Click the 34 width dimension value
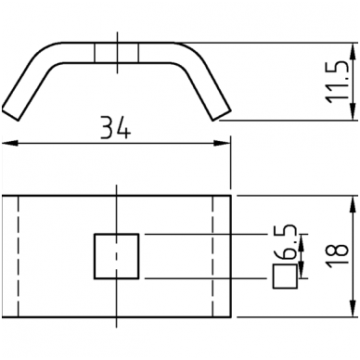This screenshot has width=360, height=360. [116, 128]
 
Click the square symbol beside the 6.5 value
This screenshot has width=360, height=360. [285, 276]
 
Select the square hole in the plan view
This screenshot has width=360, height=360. [116, 256]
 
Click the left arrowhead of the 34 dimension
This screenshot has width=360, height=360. [10, 143]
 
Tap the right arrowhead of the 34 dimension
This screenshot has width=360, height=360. [223, 143]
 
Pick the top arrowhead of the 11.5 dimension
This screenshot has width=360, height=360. [353, 51]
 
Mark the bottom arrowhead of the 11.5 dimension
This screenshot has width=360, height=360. [353, 112]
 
